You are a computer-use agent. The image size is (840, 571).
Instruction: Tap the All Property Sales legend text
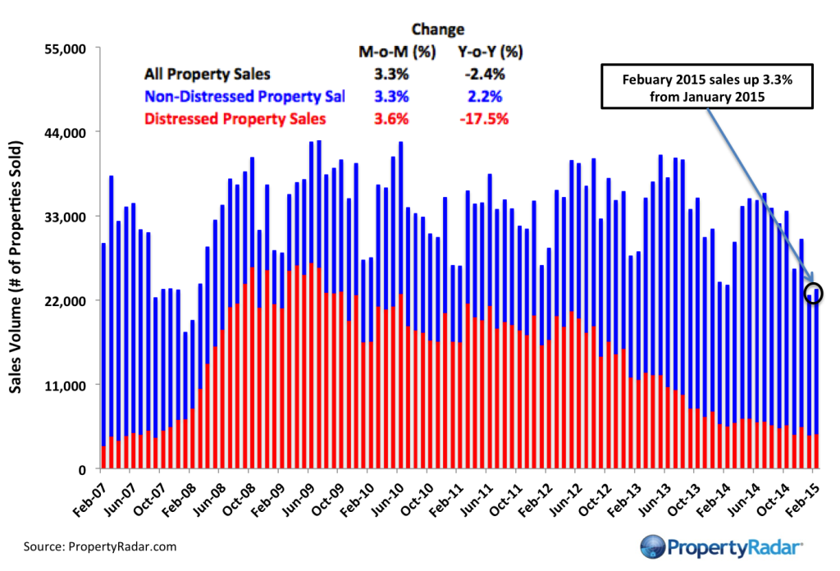[x=208, y=75]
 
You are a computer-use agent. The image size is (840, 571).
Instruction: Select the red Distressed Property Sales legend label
[x=235, y=119]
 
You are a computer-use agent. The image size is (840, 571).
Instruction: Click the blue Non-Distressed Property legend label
[x=244, y=97]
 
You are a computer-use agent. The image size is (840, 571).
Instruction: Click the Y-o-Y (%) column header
[x=490, y=53]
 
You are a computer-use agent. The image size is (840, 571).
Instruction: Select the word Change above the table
[x=438, y=30]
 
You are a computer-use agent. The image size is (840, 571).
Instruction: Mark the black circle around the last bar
[x=814, y=293]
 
